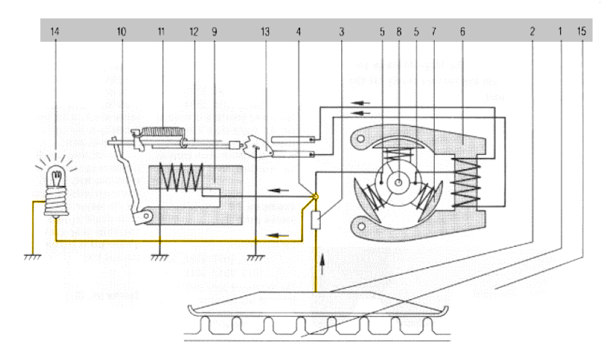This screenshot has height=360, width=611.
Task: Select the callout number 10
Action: tap(122, 33)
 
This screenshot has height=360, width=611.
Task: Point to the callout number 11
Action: tap(161, 33)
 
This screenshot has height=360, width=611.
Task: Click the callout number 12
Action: tap(194, 33)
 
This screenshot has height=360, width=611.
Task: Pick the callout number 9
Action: tap(217, 33)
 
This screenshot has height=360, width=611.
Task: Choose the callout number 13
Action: tap(264, 33)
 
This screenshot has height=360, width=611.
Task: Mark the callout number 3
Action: tap(343, 33)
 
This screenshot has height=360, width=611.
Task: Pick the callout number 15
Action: tap(581, 33)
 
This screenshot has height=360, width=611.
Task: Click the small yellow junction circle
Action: tap(315, 197)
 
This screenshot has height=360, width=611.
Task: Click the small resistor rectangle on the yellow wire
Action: tap(316, 222)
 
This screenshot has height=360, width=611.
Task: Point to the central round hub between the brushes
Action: tap(397, 183)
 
